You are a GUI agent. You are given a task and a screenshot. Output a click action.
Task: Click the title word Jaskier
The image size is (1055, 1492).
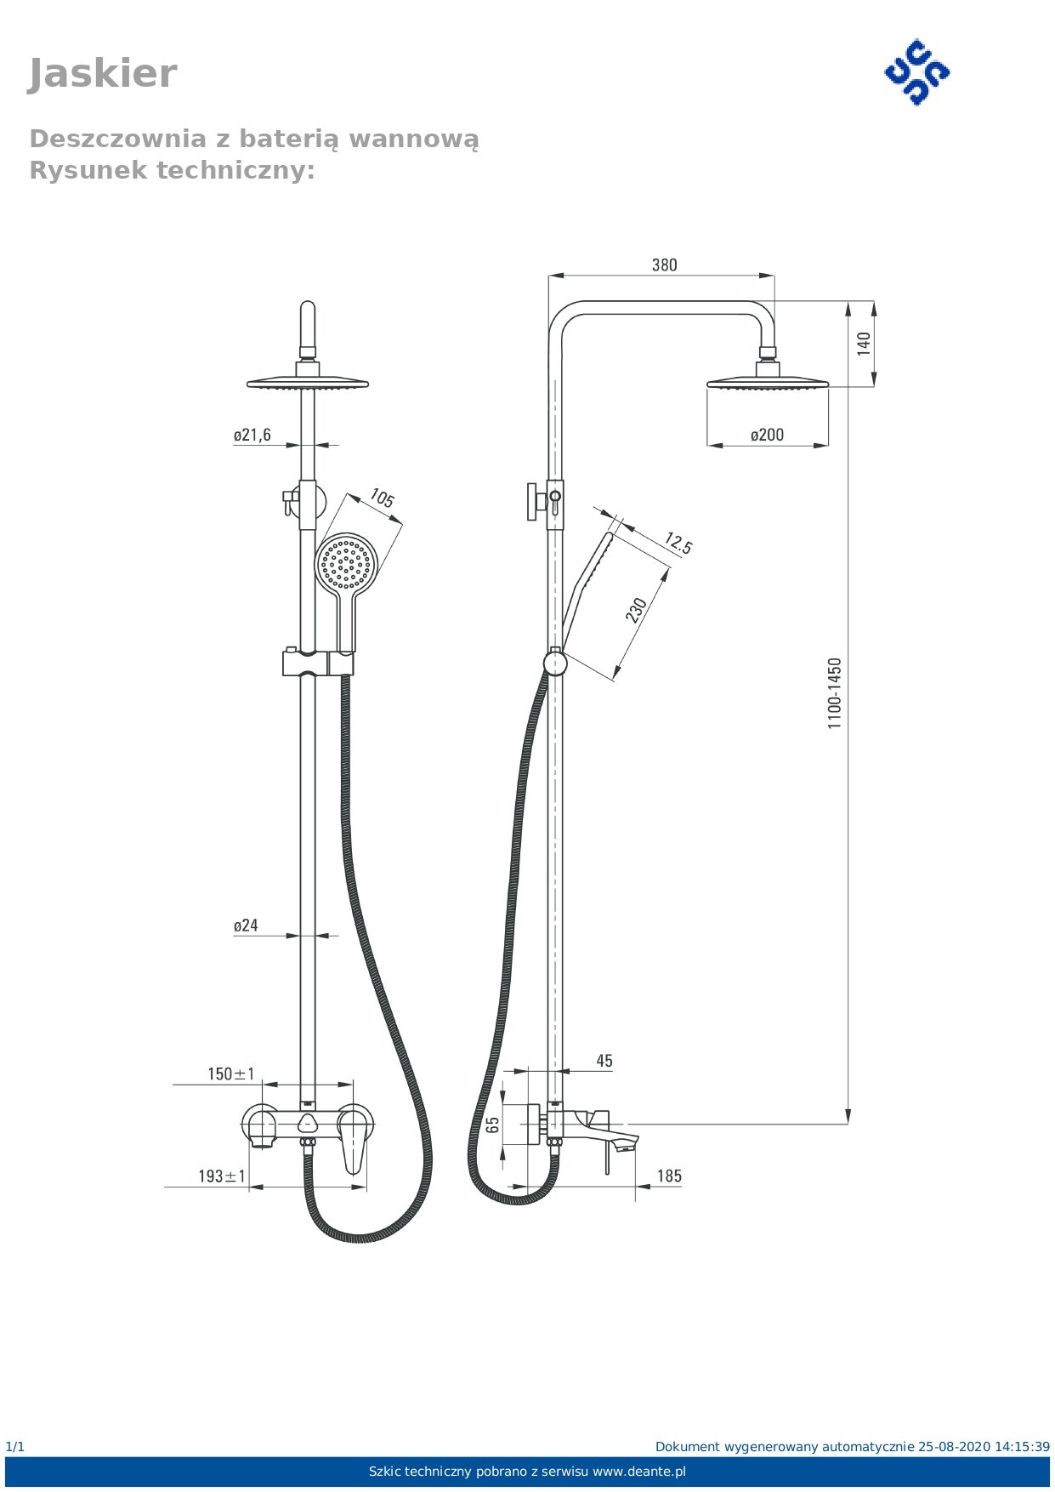coord(102,74)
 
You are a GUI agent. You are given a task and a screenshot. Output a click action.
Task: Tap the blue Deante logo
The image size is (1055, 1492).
coord(916,72)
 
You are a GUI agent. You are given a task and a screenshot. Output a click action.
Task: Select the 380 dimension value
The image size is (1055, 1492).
coord(664,265)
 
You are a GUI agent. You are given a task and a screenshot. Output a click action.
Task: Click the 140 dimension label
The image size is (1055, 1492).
coord(864,344)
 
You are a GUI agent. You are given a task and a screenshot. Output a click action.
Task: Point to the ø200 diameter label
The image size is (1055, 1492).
coord(767,435)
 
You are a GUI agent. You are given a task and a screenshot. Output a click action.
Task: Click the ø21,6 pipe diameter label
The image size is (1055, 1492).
coord(252,435)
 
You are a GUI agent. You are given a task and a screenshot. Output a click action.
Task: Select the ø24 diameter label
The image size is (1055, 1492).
coord(246,925)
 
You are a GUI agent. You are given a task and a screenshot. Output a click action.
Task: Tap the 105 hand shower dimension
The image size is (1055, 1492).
coord(382,498)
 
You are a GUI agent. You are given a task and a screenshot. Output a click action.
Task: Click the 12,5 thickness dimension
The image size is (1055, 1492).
coord(678,543)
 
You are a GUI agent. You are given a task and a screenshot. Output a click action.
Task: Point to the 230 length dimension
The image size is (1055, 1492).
coord(636,610)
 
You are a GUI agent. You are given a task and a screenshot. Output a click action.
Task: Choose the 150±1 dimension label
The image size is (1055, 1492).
coord(230,1073)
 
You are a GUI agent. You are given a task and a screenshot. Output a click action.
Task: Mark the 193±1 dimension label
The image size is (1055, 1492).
coord(222,1176)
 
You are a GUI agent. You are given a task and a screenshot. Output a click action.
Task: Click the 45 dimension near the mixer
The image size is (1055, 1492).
coord(604,1061)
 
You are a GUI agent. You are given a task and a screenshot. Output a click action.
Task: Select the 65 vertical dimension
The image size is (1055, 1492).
coord(493,1125)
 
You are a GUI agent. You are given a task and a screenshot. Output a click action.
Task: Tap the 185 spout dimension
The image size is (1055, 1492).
coord(669,1176)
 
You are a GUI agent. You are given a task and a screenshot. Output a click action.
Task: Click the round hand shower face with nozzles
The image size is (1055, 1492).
coord(346,562)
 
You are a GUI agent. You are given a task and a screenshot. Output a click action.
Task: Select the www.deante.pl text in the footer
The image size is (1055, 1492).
coord(638,1471)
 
